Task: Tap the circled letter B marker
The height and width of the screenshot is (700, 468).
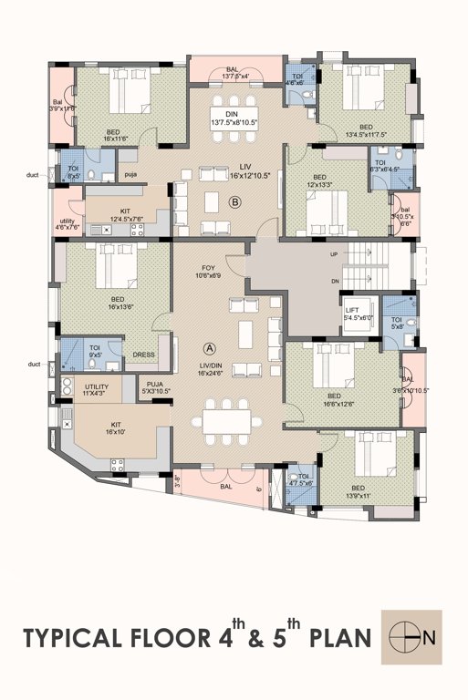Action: click(234, 203)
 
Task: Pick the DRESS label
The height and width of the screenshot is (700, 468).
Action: click(144, 355)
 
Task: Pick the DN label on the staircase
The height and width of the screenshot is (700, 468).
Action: click(333, 280)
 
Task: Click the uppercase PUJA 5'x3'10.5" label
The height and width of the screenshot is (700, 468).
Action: click(155, 388)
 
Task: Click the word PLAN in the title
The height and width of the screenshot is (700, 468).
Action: click(335, 637)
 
